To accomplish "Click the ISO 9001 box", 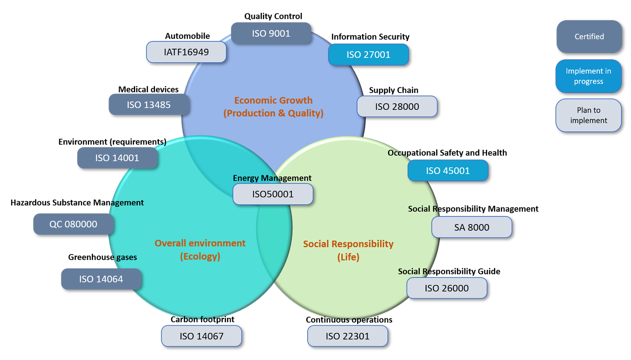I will pos(271,34).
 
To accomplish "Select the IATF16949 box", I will pos(186,52).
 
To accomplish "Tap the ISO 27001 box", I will pos(368,55).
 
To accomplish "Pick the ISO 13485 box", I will pos(149,105).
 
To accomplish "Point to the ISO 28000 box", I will pos(397,107).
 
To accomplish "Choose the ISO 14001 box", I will pos(117,158).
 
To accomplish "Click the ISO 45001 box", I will pos(447,171).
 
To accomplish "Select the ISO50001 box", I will pos(273,194).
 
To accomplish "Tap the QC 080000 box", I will pos(73,224).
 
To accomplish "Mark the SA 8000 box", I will pos(471,227).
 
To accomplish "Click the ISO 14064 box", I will pos(101,279).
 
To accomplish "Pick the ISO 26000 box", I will pos(446,288).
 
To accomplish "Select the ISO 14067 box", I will pos(201,336).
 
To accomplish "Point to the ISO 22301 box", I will pos(347,336).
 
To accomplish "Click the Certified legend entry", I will pos(589,37).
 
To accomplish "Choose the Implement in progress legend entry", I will pos(588,76).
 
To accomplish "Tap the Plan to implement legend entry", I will pos(588,115).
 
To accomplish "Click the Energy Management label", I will pos(272,178).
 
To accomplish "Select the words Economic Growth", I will pos(273,100).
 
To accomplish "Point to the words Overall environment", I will pos(200,243).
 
